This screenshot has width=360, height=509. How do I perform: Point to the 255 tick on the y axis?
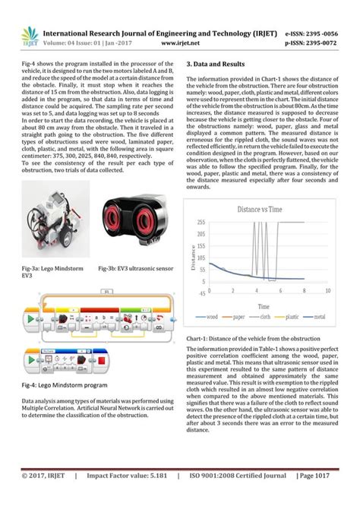pyautogui.click(x=201, y=222)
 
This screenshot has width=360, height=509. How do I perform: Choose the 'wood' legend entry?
pyautogui.click(x=210, y=315)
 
